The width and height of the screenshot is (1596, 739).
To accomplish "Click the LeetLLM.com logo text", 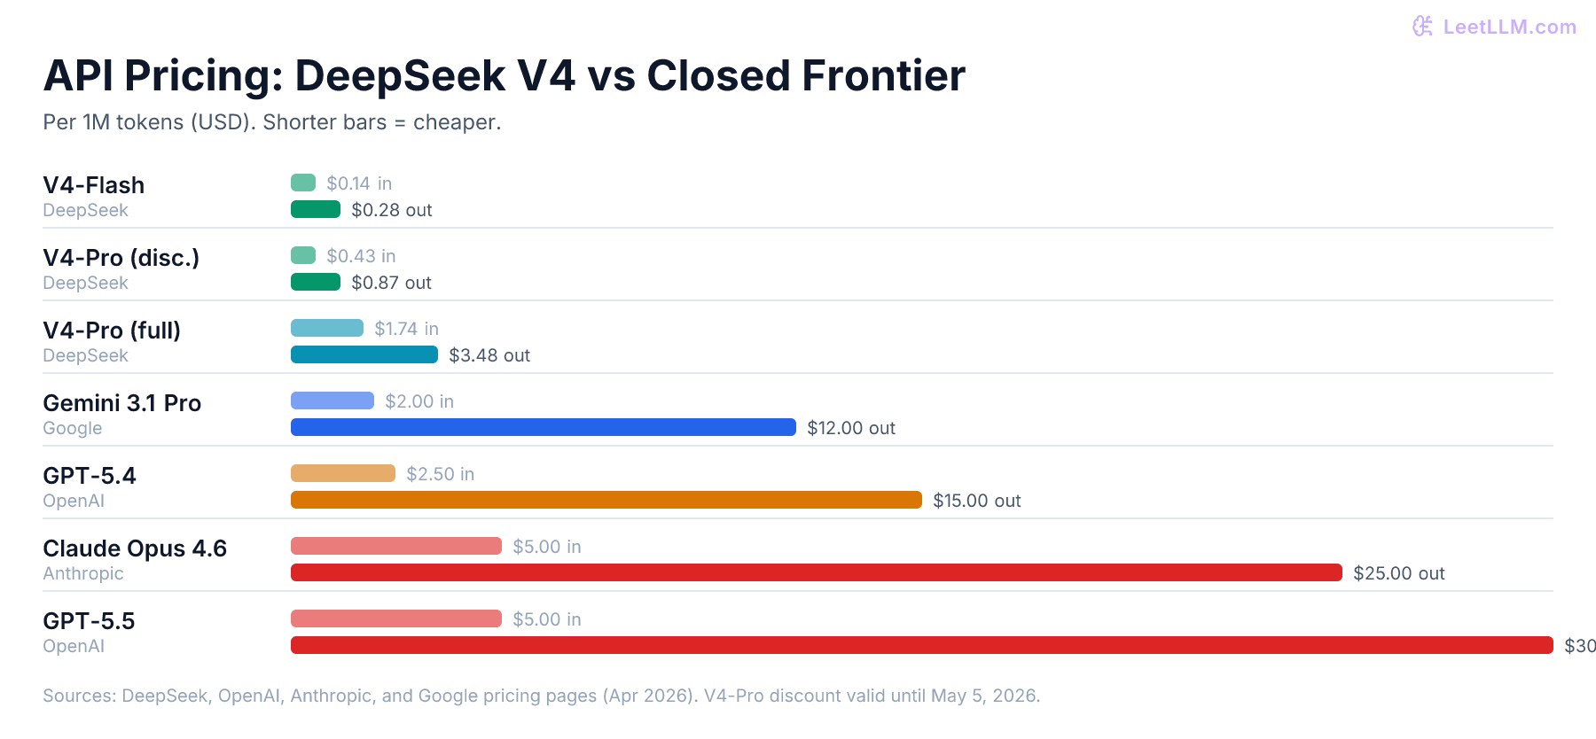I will pyautogui.click(x=1508, y=27).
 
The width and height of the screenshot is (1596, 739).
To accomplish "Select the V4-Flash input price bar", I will pyautogui.click(x=303, y=183).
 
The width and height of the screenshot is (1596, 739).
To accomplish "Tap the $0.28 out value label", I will pyautogui.click(x=391, y=210).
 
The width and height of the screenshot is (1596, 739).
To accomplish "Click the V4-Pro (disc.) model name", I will pyautogui.click(x=121, y=258).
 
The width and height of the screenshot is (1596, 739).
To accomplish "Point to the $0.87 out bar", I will pyautogui.click(x=316, y=282).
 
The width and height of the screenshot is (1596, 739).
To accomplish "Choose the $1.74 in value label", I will pyautogui.click(x=405, y=329).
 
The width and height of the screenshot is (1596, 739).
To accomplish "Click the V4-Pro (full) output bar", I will pyautogui.click(x=364, y=354).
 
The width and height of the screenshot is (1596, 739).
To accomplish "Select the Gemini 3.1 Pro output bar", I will pyautogui.click(x=543, y=427).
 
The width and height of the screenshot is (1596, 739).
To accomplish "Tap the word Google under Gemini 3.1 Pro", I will pyautogui.click(x=73, y=428).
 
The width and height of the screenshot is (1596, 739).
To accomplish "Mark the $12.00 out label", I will pyautogui.click(x=850, y=428).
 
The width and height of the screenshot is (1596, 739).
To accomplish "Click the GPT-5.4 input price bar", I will pyautogui.click(x=342, y=473).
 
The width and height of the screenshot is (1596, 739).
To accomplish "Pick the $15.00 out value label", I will pyautogui.click(x=976, y=501).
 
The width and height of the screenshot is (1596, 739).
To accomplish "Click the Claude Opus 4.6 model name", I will pyautogui.click(x=135, y=548).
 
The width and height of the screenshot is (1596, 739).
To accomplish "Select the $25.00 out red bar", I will pyautogui.click(x=816, y=572).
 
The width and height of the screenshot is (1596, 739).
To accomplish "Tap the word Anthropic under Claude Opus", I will pyautogui.click(x=83, y=573).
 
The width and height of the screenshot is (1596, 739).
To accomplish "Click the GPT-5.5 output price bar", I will pyautogui.click(x=921, y=645).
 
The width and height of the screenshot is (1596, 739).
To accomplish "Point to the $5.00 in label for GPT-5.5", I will pyautogui.click(x=546, y=619).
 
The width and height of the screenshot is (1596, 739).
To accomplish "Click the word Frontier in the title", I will pyautogui.click(x=883, y=76).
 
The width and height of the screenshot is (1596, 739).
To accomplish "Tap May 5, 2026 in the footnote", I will pyautogui.click(x=984, y=696).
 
